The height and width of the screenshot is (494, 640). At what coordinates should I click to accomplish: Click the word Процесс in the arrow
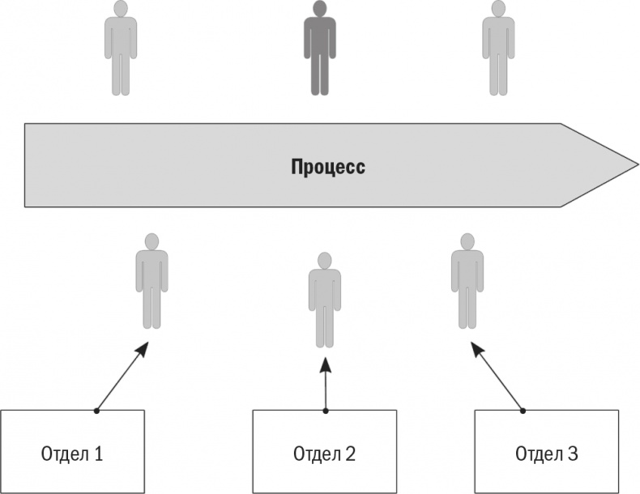tap(327, 168)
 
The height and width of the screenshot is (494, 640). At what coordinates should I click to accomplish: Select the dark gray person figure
tap(319, 49)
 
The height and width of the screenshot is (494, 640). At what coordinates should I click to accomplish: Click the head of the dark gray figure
tap(319, 9)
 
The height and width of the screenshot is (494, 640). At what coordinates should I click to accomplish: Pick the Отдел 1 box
tap(72, 451)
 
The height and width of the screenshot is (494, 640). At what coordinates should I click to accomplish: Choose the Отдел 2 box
tap(324, 451)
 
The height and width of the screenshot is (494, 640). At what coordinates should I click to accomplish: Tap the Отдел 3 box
tap(547, 451)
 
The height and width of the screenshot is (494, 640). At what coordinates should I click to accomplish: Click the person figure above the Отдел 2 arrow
tap(324, 300)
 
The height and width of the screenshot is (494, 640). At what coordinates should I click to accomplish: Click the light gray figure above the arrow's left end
tap(121, 49)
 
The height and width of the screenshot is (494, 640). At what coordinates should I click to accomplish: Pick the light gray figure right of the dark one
tap(498, 49)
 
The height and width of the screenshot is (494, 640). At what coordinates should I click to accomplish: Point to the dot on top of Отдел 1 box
tap(96, 411)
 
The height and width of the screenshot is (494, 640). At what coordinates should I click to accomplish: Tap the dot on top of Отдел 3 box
tap(523, 410)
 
